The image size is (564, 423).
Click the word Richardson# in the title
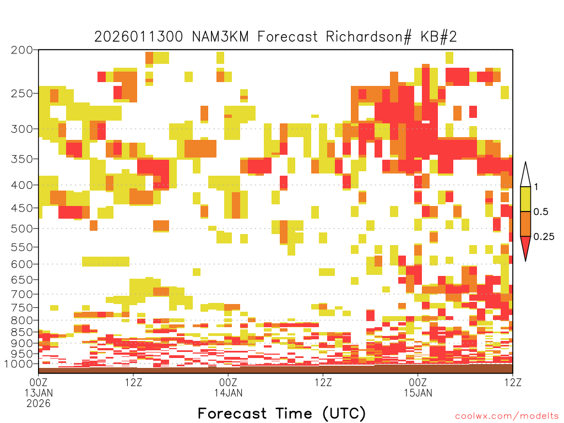click(368, 37)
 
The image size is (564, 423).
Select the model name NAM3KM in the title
click(220, 37)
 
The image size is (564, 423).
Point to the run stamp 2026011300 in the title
click(138, 37)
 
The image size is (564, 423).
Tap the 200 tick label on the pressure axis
click(22, 50)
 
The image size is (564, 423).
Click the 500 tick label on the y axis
click(22, 229)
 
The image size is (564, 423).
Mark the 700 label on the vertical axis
click(22, 294)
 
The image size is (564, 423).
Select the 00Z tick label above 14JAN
click(228, 382)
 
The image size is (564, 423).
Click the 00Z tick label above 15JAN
click(418, 382)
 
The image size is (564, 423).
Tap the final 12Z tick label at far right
click(513, 382)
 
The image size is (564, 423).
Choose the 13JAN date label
click(39, 393)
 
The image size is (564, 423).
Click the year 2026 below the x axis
click(39, 404)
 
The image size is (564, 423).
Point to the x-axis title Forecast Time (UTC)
click(281, 413)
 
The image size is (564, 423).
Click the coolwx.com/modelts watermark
click(507, 416)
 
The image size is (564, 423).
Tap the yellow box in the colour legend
click(525, 199)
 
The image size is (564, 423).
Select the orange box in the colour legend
click(525, 224)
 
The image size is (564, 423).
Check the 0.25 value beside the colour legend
click(544, 237)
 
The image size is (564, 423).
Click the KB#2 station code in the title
click(439, 37)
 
